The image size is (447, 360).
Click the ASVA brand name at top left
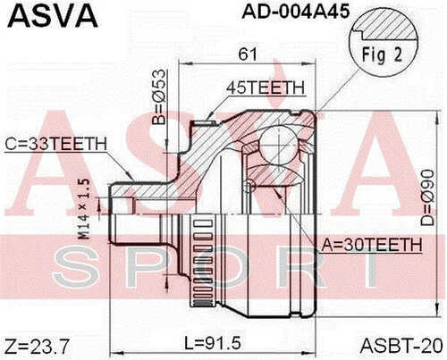[53, 16]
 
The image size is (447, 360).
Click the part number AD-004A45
[295, 12]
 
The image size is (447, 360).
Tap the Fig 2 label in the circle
[382, 54]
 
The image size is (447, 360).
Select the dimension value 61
[248, 54]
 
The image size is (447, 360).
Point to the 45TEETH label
[266, 88]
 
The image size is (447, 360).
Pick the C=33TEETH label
[56, 144]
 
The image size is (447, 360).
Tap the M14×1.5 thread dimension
[85, 209]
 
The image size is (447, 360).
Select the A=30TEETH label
[372, 245]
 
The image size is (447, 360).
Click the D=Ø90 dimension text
[428, 197]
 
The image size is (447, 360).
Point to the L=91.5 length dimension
[213, 343]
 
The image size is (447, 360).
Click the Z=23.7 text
[38, 347]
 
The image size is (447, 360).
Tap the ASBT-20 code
[401, 346]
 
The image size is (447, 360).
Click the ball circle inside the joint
[278, 144]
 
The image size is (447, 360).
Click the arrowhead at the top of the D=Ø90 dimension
[438, 117]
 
